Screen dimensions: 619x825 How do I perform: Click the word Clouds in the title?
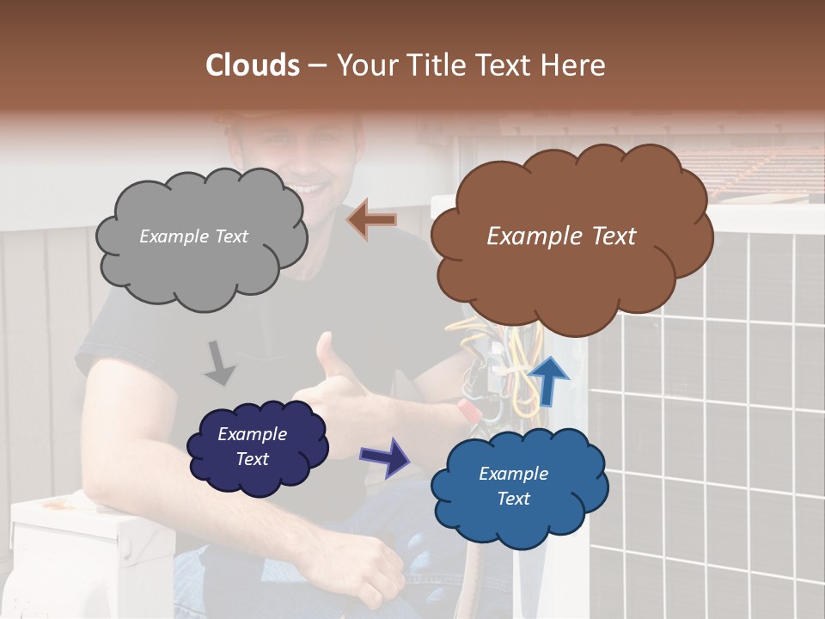[253, 65]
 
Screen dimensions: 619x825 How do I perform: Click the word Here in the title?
[573, 65]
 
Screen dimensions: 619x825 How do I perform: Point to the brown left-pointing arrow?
[372, 220]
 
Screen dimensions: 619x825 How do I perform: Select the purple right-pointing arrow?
[384, 457]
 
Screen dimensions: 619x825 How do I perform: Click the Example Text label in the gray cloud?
[193, 236]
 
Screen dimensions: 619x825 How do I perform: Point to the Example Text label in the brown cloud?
[561, 236]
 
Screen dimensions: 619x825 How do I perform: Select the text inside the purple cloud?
[253, 446]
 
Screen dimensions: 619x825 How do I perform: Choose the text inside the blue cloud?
[513, 486]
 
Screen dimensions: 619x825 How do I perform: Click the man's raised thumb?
[325, 351]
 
